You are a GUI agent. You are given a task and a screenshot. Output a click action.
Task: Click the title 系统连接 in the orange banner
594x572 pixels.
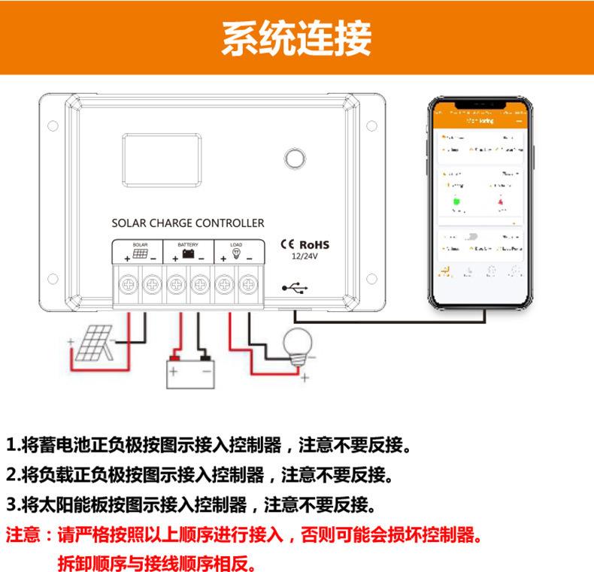coord(296,38)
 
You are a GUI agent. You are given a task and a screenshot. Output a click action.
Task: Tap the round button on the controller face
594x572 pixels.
coord(295,159)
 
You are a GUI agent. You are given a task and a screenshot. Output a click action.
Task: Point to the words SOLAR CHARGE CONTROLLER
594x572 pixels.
coord(187,223)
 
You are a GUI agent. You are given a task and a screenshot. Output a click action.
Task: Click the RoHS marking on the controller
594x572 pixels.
coord(315,244)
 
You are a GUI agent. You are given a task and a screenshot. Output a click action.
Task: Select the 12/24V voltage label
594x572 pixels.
coord(305,257)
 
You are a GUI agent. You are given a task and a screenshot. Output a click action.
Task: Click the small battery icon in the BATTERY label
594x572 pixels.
coord(188,254)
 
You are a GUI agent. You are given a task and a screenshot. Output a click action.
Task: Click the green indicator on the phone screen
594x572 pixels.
coord(455,201)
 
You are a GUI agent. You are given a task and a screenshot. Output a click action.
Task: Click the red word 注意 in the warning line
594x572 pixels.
coord(23,537)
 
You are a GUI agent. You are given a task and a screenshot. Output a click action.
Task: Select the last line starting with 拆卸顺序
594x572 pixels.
coord(156,561)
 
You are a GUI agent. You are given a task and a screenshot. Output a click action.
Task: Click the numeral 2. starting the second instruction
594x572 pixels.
coord(13,475)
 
